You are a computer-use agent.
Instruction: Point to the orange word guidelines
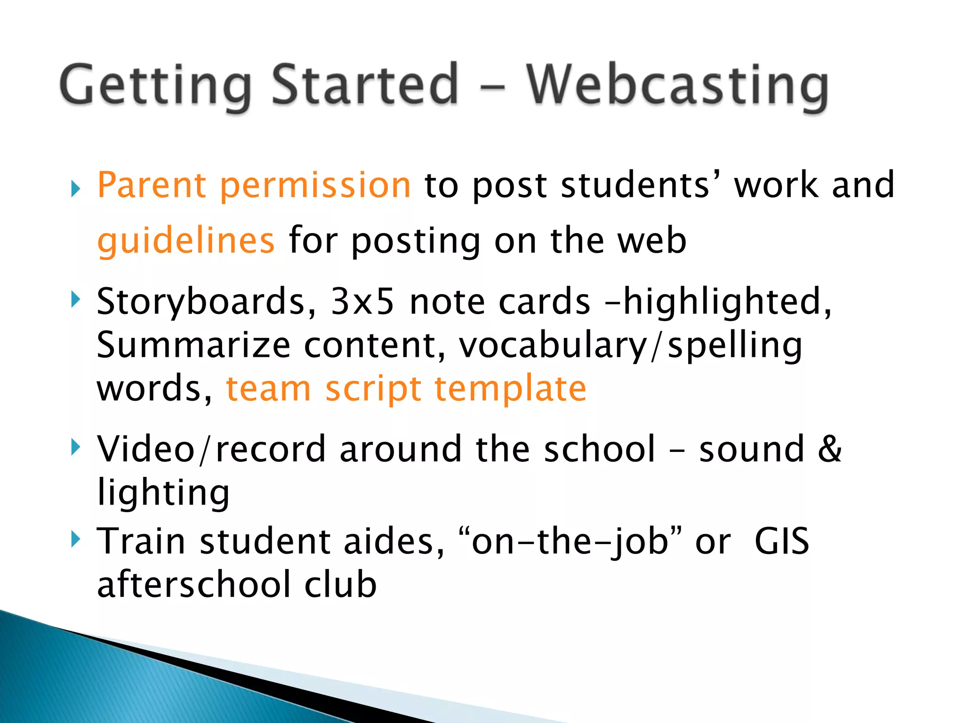(x=185, y=241)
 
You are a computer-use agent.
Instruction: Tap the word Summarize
(x=193, y=345)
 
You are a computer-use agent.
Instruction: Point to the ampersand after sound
(x=829, y=448)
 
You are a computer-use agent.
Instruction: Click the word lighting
(x=163, y=492)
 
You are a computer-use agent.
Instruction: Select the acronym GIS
(x=781, y=541)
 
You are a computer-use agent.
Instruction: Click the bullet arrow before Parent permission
(x=75, y=189)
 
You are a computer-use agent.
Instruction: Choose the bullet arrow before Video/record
(x=75, y=447)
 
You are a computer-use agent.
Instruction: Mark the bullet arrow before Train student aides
(x=75, y=538)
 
